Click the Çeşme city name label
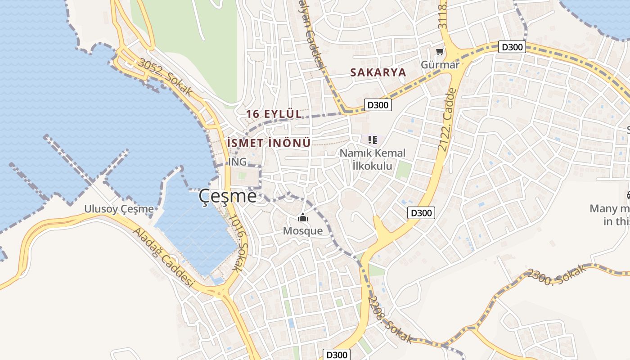(x=228, y=196)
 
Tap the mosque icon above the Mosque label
(x=303, y=219)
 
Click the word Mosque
(x=303, y=231)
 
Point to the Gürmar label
(x=440, y=65)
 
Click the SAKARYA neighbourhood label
(x=378, y=72)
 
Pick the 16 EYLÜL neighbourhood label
(x=274, y=114)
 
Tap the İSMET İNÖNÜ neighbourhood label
(x=269, y=143)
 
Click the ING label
(x=238, y=161)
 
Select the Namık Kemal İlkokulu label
(x=372, y=159)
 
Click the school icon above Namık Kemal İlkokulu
(x=372, y=140)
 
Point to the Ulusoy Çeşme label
(x=119, y=209)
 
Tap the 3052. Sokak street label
(x=165, y=77)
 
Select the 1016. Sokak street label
(x=239, y=243)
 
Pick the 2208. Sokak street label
(x=390, y=319)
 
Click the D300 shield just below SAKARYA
(x=377, y=105)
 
